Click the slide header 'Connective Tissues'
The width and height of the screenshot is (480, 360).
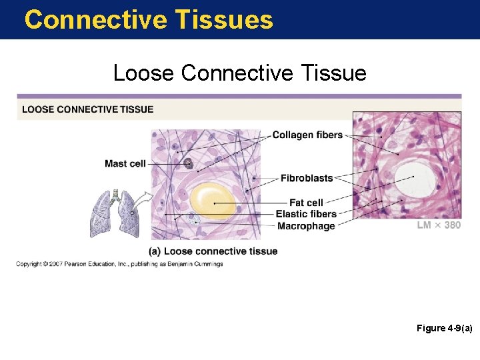tap(149, 19)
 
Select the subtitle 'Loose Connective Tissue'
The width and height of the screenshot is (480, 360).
tap(239, 72)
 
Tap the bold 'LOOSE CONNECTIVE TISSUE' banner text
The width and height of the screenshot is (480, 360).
tap(87, 109)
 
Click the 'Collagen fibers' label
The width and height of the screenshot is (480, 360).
tap(307, 135)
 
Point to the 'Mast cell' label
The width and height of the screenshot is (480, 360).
tap(125, 163)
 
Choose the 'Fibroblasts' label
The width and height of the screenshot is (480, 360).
tap(306, 178)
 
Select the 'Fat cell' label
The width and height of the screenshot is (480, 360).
tap(306, 202)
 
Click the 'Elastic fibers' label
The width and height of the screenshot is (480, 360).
tap(306, 214)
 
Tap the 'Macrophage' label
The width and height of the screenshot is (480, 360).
tap(306, 226)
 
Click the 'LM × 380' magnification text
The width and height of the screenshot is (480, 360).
tap(438, 225)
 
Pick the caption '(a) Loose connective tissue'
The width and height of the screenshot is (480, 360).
tap(213, 251)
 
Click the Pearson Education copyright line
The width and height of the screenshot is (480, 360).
tap(119, 264)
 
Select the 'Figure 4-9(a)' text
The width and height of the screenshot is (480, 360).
tap(444, 328)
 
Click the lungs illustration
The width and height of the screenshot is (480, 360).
tap(116, 213)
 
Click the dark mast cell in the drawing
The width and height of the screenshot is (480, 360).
tap(188, 163)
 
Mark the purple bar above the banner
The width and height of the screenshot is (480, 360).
tap(239, 96)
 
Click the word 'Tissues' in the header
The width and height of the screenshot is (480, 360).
tap(225, 19)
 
